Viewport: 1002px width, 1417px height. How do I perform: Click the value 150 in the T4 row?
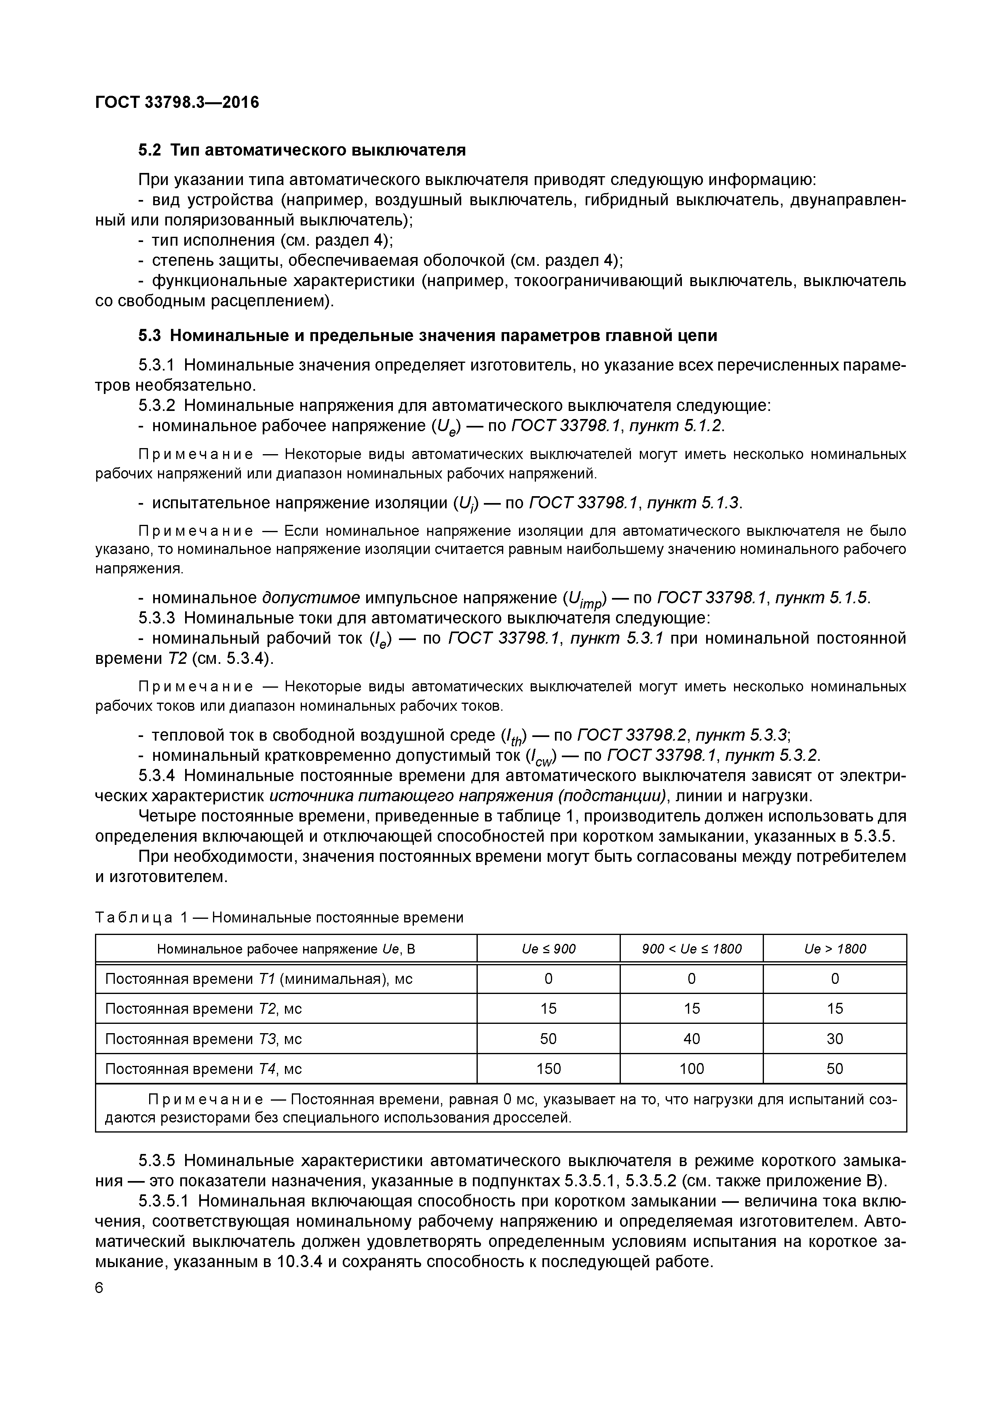548,1068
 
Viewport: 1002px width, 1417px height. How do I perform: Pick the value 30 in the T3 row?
834,1039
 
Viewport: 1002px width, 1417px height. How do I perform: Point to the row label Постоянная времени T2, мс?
203,1009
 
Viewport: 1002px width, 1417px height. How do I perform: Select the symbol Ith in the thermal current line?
513,736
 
